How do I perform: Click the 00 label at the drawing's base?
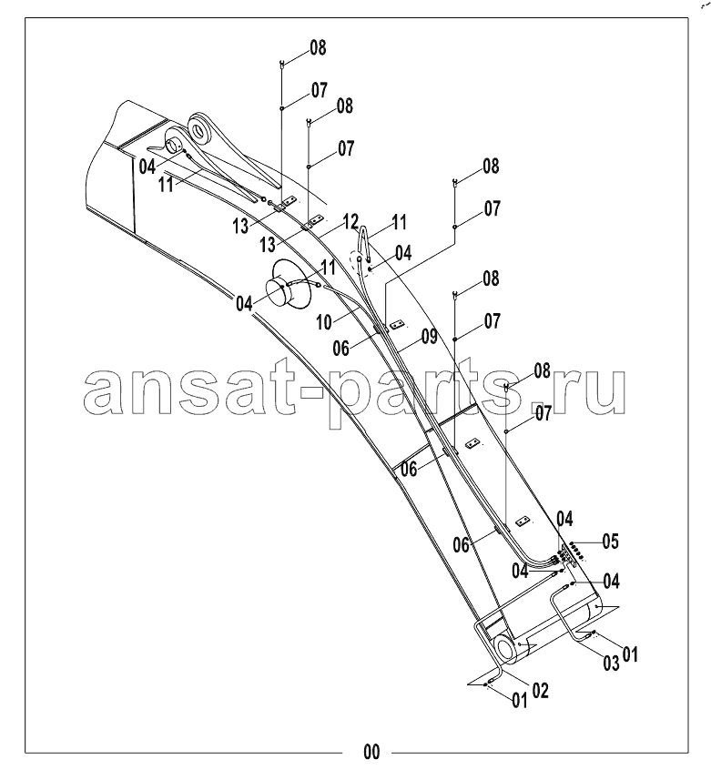371,752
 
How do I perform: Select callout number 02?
541,691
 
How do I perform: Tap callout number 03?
611,664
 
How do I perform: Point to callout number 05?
611,542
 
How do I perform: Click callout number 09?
430,337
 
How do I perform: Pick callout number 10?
324,322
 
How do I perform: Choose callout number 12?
350,220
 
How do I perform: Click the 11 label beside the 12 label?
399,222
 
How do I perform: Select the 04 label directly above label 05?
564,519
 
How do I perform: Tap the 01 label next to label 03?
629,654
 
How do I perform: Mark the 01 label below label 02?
519,701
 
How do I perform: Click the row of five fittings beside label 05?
577,549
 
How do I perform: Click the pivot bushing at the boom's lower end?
505,650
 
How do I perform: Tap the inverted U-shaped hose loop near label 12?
365,242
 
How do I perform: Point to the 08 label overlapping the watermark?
543,370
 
